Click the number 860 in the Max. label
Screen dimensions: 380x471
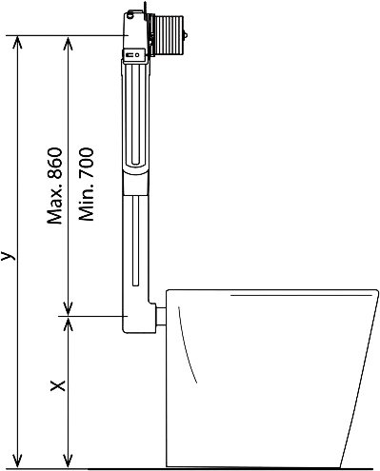point(54,163)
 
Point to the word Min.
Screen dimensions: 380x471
point(87,203)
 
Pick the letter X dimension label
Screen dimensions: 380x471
point(58,385)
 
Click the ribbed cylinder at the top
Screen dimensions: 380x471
point(168,34)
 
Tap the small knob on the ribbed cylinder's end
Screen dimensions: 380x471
point(186,35)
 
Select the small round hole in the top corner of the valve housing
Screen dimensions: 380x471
point(130,15)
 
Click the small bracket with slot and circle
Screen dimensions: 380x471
point(135,55)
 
